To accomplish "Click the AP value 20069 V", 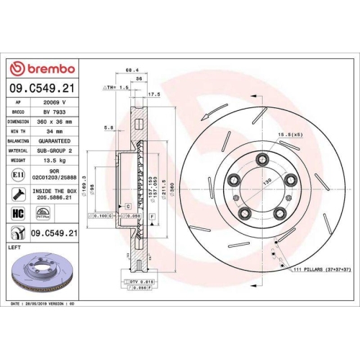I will click(x=55, y=104).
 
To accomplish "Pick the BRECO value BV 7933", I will click(x=55, y=114).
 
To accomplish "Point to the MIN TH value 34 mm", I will click(x=55, y=133).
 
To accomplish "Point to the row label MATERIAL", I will click(x=17, y=153).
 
